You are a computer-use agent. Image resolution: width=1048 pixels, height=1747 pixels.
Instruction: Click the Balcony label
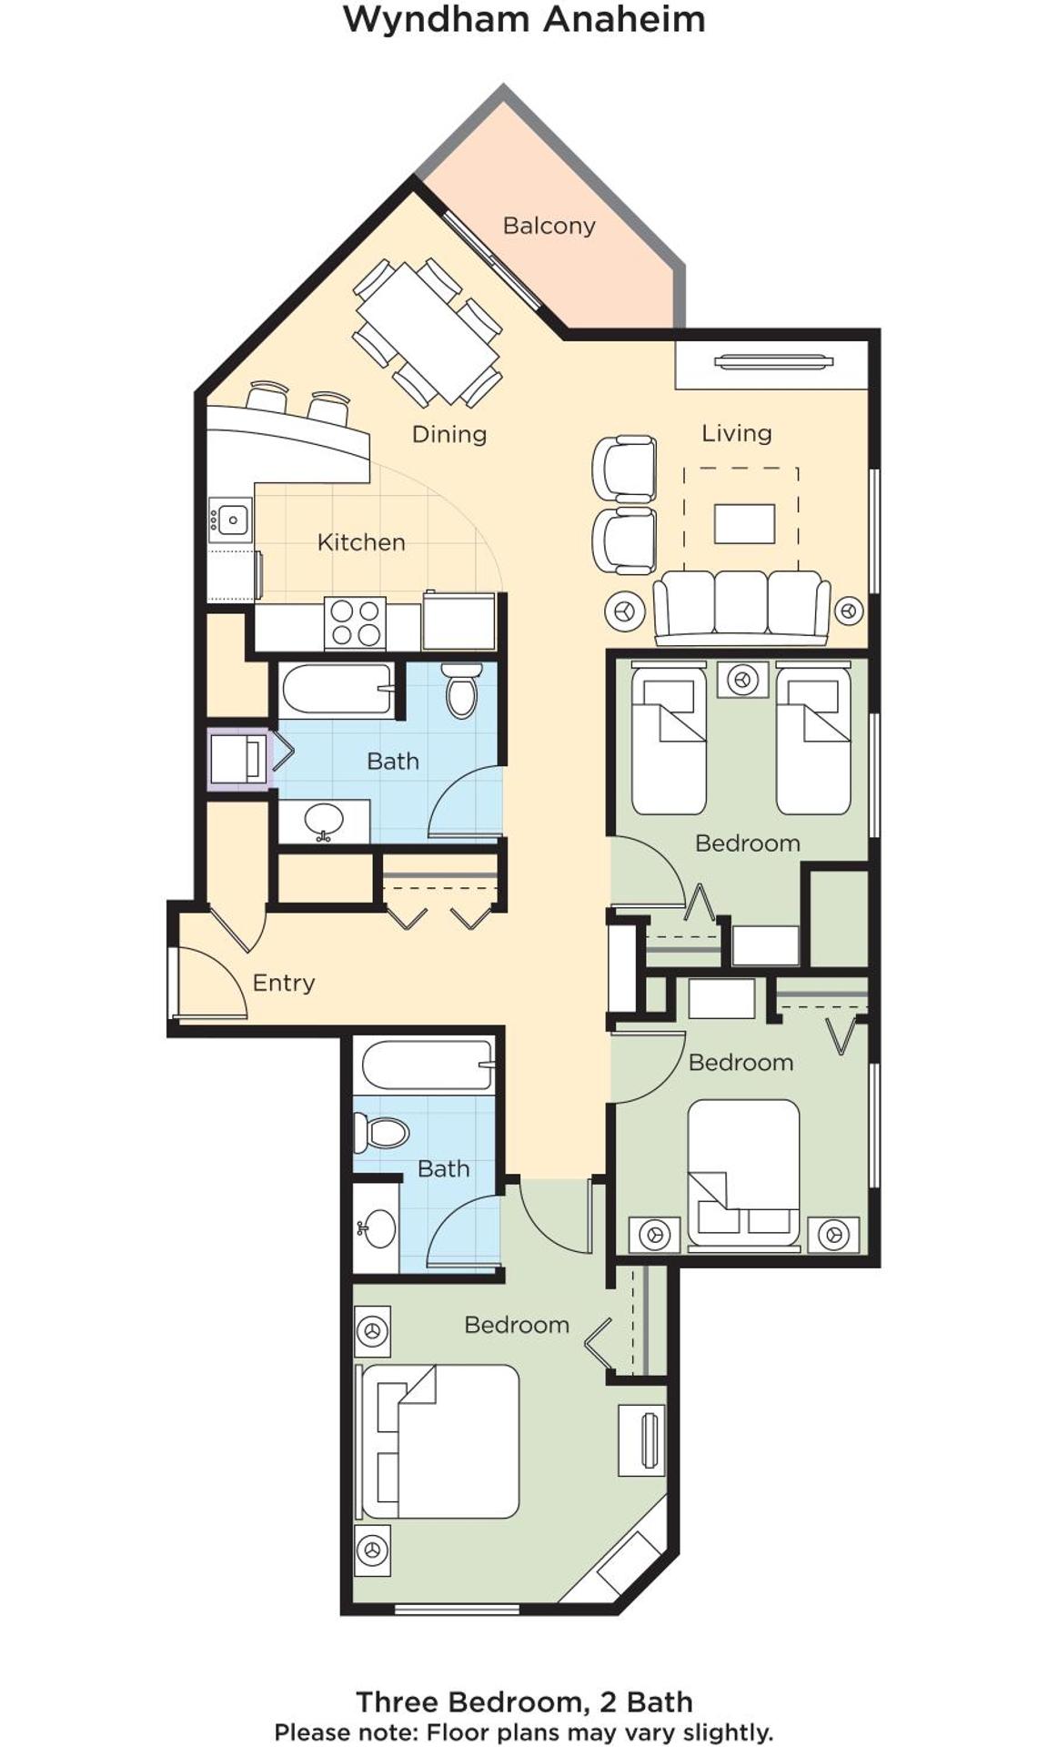[x=549, y=226]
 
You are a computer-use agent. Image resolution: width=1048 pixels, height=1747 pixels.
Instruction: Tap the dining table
[x=428, y=332]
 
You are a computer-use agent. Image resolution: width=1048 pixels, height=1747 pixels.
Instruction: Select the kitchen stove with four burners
[x=355, y=623]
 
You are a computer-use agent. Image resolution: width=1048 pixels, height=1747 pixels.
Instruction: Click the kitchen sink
[x=229, y=520]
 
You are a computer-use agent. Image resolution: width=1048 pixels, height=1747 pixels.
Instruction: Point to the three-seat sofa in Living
[x=741, y=605]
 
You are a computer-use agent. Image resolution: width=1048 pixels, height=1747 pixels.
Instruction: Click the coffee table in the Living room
[x=744, y=523]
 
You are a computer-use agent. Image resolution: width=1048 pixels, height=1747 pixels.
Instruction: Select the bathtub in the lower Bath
[x=427, y=1065]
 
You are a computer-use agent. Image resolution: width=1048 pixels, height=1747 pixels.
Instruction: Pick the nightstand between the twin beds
[x=742, y=680]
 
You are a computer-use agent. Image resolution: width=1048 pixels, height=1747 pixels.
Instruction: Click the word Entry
[x=283, y=983]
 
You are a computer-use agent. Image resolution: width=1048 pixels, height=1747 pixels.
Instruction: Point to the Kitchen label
[x=361, y=542]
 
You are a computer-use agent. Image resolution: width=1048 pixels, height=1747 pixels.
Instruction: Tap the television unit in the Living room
[x=772, y=363]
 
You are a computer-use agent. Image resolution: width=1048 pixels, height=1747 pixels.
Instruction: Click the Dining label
[x=449, y=434]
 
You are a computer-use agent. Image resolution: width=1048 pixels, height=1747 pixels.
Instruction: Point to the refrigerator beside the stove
[x=459, y=621]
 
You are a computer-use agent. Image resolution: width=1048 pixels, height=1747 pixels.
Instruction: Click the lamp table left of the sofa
[x=624, y=611]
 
